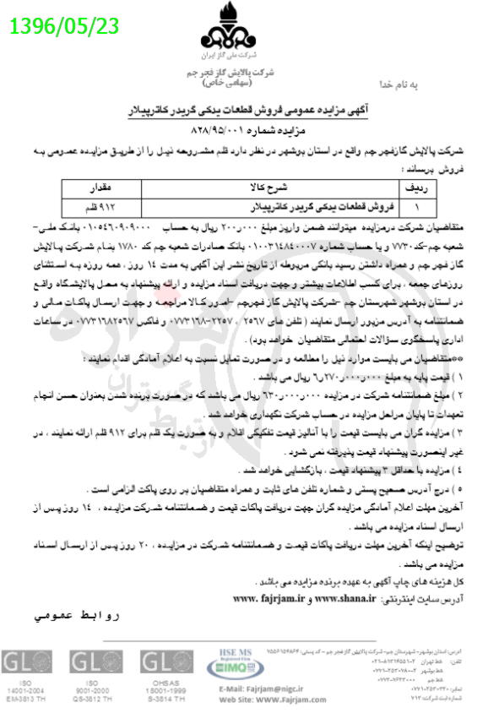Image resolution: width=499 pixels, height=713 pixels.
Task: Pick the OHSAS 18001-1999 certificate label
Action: pyautogui.click(x=160, y=690)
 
